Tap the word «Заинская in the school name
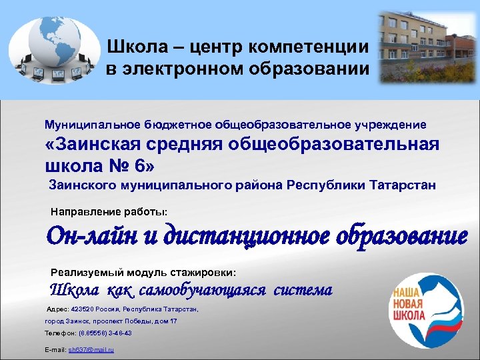pos(99,145)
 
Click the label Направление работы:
pos(109,212)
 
